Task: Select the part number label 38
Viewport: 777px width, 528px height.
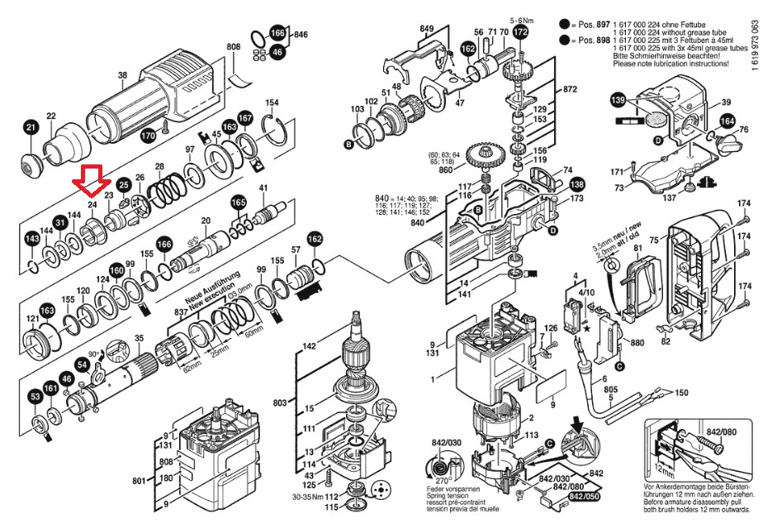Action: (x=122, y=75)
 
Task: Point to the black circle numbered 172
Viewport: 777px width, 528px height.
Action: (x=519, y=32)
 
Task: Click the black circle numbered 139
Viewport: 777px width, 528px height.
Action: (x=618, y=100)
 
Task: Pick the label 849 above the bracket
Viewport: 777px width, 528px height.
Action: (x=426, y=30)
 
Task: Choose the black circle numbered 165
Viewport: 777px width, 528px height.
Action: (x=238, y=202)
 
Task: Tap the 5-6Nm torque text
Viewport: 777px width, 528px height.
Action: (x=524, y=18)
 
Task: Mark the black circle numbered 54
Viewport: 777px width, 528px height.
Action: (x=83, y=364)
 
